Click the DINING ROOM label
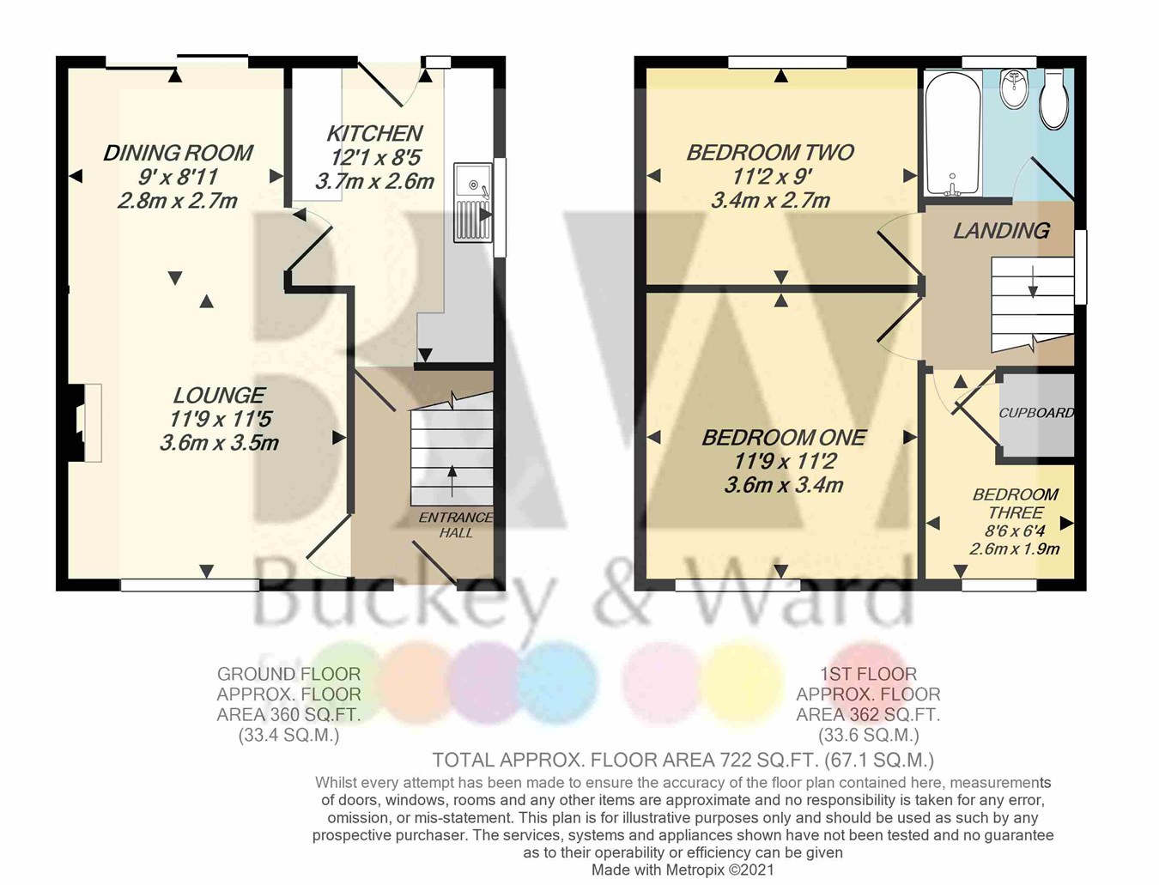pos(178,153)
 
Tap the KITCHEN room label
pos(374,133)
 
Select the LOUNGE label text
pos(219,395)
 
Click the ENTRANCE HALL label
pos(456,524)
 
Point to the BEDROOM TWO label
pos(770,153)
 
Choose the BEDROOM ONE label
pos(784,438)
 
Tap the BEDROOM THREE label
pos(1016,503)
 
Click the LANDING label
pos(1001,230)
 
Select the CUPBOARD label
pos(1036,413)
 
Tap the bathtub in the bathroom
pos(952,133)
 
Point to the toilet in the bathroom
pos(1054,99)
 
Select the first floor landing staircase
pos(1032,297)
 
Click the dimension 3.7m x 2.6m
pos(374,181)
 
